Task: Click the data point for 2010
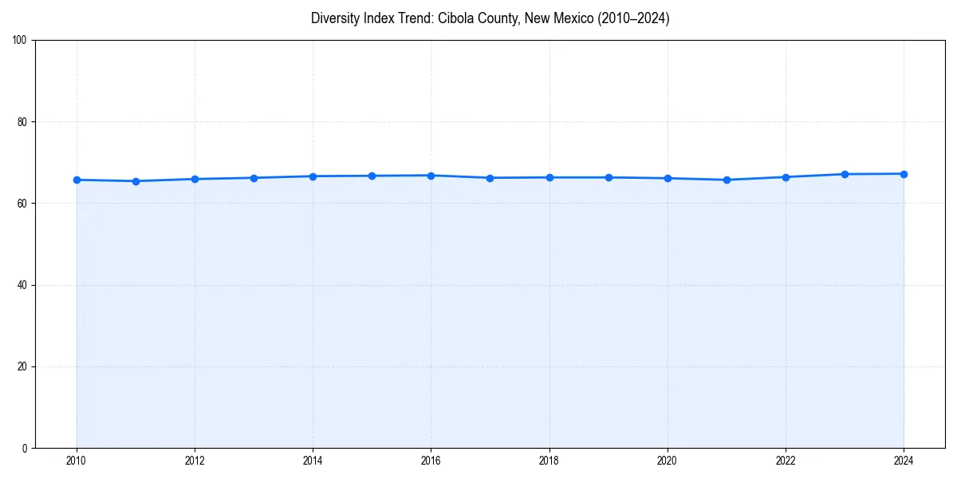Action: tap(77, 180)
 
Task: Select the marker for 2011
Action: tap(136, 181)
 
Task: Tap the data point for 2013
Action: tap(254, 178)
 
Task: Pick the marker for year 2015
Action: tap(372, 176)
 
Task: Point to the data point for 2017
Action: tap(490, 178)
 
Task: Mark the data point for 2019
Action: tap(608, 177)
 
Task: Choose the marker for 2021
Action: tap(727, 180)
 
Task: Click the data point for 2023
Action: tap(845, 174)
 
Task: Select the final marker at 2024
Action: tap(904, 174)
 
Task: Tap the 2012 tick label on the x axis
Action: tap(195, 461)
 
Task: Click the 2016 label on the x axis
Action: tap(431, 461)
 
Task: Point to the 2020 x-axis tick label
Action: tap(668, 461)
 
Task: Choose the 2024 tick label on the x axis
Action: tap(904, 461)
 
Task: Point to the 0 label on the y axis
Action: tap(26, 448)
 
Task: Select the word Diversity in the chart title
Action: tap(336, 18)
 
